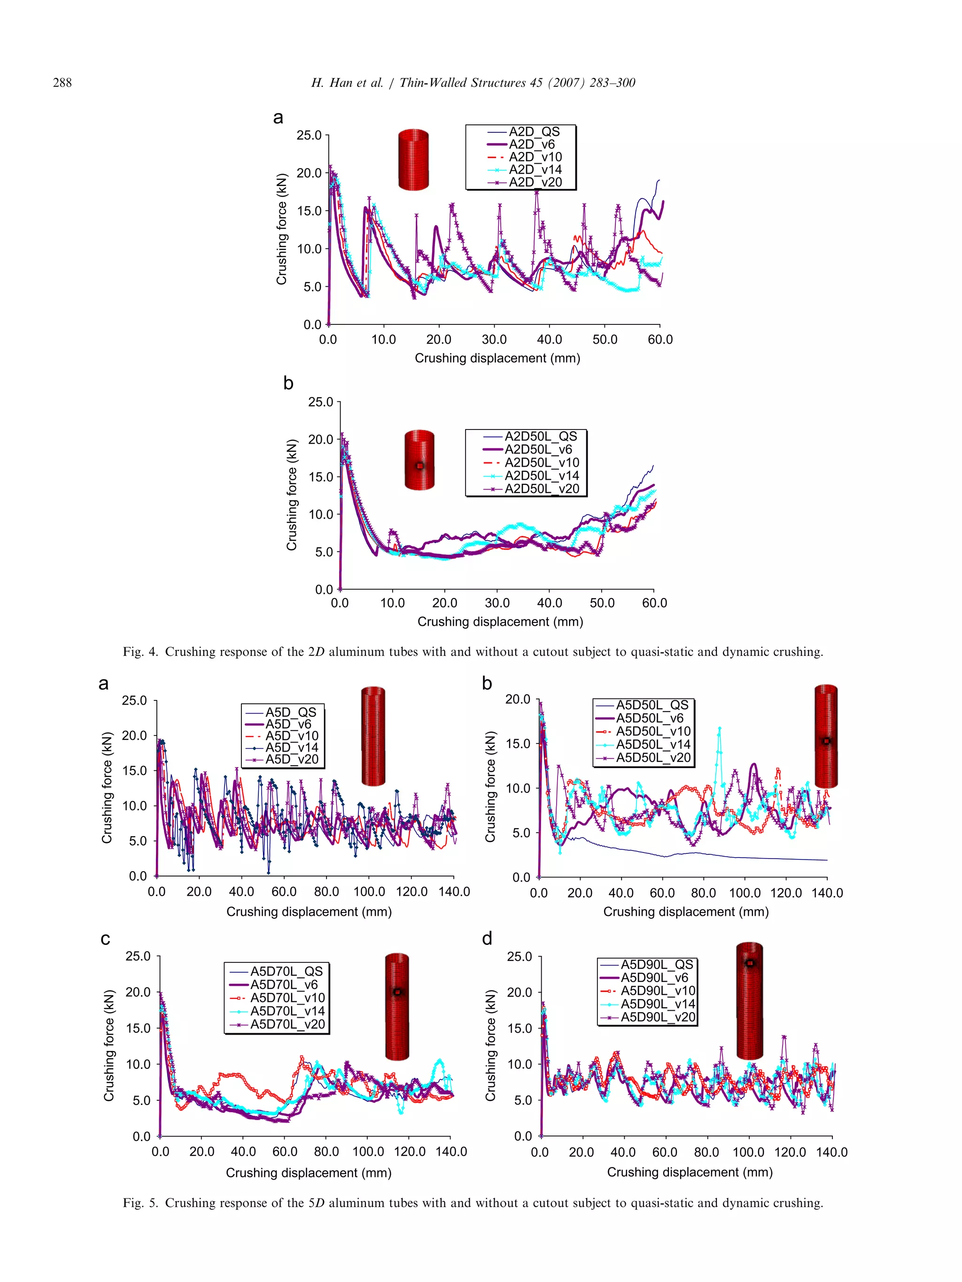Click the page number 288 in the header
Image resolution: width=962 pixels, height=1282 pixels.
(62, 83)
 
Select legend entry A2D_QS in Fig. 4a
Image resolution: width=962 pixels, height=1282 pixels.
(534, 132)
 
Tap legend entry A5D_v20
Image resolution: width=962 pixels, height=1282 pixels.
(292, 759)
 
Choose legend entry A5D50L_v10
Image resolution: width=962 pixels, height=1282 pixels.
(653, 731)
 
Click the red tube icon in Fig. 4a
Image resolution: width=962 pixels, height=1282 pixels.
(413, 160)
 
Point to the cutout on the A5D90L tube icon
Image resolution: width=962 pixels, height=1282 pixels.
(750, 964)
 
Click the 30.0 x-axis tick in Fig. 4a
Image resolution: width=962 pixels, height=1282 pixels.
(494, 339)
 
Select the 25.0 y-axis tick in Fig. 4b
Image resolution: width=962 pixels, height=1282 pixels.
(321, 402)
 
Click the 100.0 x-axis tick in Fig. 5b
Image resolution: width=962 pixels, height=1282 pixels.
(745, 893)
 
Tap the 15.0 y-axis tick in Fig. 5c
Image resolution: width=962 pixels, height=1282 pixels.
(138, 1028)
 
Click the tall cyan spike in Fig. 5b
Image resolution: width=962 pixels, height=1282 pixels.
(720, 731)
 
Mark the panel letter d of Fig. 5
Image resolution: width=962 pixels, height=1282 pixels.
(487, 939)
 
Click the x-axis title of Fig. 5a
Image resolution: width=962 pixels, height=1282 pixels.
(309, 912)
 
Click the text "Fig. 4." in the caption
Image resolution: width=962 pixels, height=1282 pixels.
(140, 652)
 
